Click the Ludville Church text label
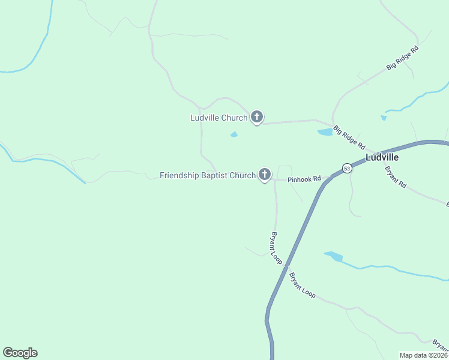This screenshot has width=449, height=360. (218, 118)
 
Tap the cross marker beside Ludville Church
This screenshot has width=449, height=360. (257, 117)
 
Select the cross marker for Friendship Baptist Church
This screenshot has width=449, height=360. (265, 175)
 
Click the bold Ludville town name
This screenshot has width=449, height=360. (382, 158)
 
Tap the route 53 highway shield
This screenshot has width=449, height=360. (347, 169)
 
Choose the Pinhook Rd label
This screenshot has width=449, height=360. (304, 179)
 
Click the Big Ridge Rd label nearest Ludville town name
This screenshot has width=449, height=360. (349, 137)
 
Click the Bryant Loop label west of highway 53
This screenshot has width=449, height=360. (277, 248)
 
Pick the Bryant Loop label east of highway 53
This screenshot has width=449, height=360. (302, 286)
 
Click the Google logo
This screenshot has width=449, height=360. (20, 353)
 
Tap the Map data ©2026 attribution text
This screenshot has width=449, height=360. (423, 355)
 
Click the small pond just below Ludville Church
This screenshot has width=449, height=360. (234, 134)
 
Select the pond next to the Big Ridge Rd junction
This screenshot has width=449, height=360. (325, 132)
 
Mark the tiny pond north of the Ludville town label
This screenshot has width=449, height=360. (383, 118)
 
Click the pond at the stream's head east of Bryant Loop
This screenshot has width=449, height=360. (334, 257)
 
